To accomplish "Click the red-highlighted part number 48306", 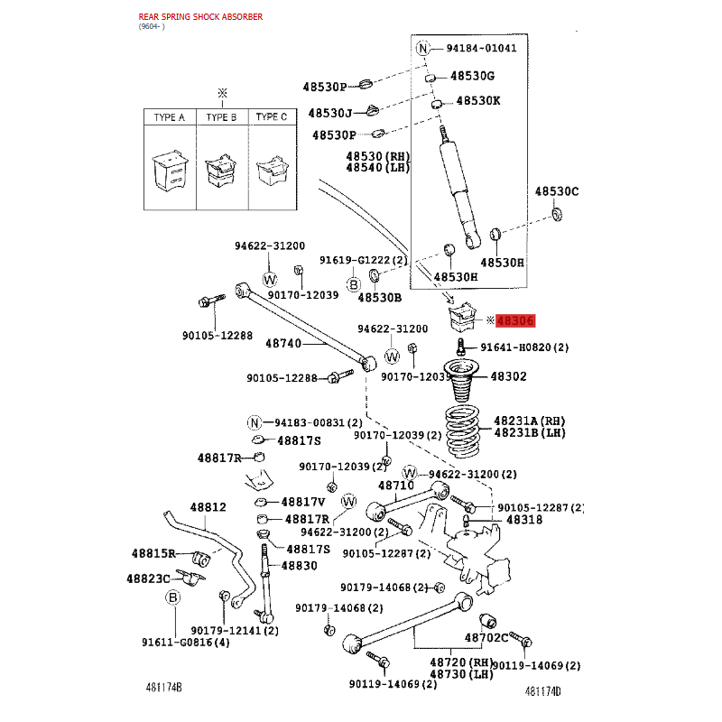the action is point(515,320).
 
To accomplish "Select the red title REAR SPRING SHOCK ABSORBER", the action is point(200,17).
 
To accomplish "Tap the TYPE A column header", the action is point(170,117).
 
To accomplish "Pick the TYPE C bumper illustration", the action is point(273,171).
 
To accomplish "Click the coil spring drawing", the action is point(462,430).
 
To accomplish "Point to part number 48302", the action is point(508,376).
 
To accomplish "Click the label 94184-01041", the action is point(481,48).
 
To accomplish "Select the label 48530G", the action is point(472,76).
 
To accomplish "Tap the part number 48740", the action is point(283,343).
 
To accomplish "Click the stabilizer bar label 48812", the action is point(208,507).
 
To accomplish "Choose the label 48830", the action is point(300,566).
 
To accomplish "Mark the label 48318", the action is point(524,520).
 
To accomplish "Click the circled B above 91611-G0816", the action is point(172,597).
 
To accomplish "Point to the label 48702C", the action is point(486,638).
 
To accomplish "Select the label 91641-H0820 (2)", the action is point(524,347).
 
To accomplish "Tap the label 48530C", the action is point(557,191).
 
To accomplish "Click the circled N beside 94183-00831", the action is point(255,422).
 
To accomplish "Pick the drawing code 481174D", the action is point(543,691).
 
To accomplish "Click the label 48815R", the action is point(153,553).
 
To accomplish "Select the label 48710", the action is point(396,486).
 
